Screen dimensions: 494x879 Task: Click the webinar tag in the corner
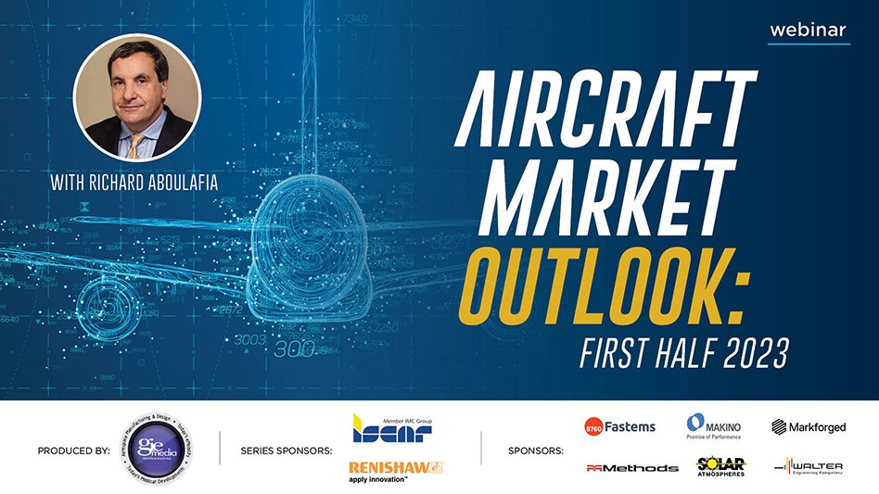(x=808, y=30)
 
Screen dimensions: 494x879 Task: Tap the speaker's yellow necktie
(x=136, y=144)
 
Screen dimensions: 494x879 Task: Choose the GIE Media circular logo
(x=154, y=450)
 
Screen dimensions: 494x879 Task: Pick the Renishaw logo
(x=395, y=470)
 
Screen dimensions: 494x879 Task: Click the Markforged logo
(x=809, y=427)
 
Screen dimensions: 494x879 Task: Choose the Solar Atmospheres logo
(x=720, y=467)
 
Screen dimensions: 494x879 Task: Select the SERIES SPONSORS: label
(x=286, y=451)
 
